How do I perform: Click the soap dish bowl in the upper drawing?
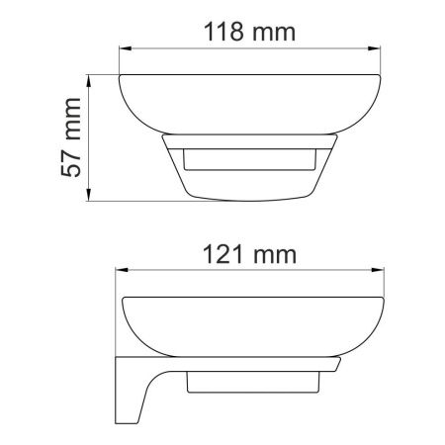click(x=249, y=103)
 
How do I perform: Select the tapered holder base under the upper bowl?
click(x=248, y=178)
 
